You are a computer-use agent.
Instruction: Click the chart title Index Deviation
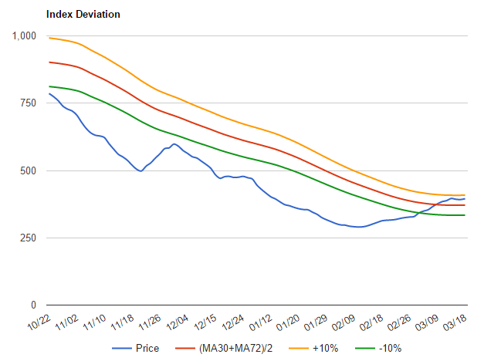pos(83,15)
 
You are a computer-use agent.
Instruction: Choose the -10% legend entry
pos(388,349)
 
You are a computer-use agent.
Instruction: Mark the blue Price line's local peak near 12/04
pos(174,143)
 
